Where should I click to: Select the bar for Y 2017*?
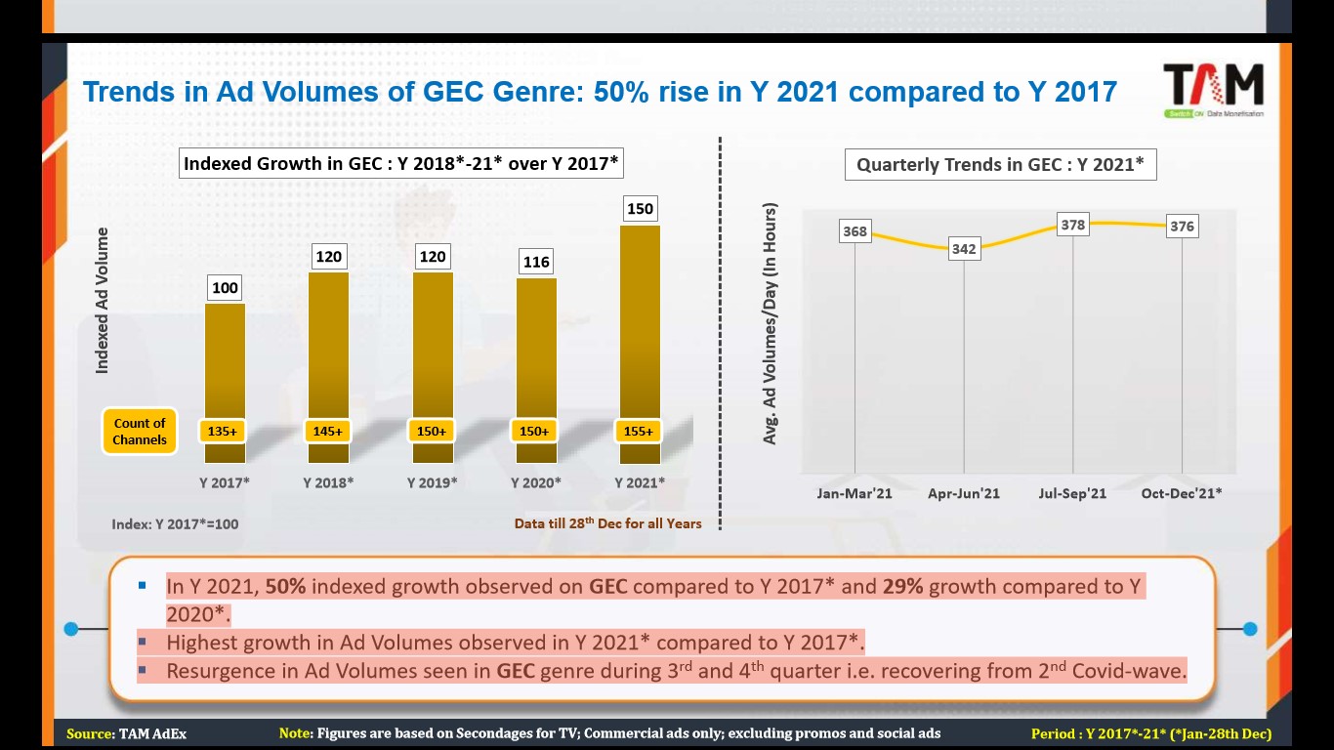click(225, 361)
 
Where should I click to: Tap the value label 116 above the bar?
click(536, 262)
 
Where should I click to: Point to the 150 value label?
click(640, 209)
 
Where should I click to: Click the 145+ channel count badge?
click(328, 431)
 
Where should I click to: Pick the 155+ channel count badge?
click(639, 431)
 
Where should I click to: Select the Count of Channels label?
click(140, 431)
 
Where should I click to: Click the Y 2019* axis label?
click(432, 482)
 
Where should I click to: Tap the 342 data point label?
click(964, 249)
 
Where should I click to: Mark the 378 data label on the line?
click(1072, 225)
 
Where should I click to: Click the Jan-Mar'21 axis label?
click(855, 493)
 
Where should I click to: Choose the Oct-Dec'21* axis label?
click(1182, 493)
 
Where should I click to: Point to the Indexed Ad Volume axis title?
click(102, 301)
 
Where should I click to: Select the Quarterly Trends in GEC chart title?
click(1000, 164)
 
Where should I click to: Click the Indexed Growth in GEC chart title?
click(401, 163)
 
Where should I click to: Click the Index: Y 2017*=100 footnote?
click(175, 523)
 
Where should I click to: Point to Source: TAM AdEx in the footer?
click(126, 733)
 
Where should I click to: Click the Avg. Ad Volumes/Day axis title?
click(771, 324)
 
